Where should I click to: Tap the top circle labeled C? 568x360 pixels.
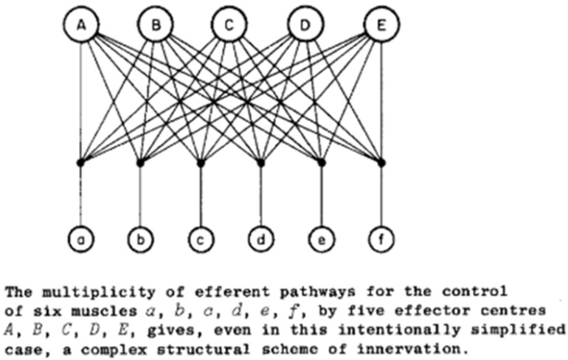click(x=230, y=26)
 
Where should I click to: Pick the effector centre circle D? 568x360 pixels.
click(x=305, y=26)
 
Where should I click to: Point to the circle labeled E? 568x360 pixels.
click(x=381, y=26)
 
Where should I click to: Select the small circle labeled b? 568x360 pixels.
click(x=140, y=238)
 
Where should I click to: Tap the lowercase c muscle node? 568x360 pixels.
click(x=201, y=238)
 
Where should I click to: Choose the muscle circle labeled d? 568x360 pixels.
click(x=260, y=238)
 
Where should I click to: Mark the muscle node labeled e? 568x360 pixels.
click(x=321, y=238)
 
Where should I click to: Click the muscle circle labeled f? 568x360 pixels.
click(x=381, y=238)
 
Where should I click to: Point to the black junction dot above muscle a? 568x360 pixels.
click(x=80, y=162)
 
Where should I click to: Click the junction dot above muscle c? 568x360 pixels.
click(x=201, y=162)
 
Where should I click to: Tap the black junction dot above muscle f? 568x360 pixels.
click(x=381, y=162)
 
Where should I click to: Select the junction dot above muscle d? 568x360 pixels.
click(x=260, y=162)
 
